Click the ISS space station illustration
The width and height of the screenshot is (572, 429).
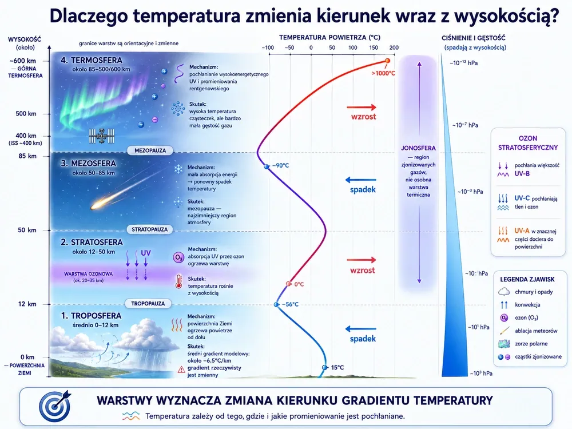(102, 136)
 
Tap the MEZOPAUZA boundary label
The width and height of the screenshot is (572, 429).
(150, 150)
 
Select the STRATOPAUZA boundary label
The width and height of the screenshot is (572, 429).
(149, 229)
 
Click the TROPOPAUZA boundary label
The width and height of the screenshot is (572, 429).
(148, 304)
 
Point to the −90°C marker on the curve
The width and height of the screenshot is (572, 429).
(267, 166)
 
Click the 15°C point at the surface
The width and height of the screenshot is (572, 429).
(325, 367)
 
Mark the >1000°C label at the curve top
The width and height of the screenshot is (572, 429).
(383, 73)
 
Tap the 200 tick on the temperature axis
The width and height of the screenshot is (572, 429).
(394, 47)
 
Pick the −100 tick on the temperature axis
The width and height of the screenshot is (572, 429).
(268, 47)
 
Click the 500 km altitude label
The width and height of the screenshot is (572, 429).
(26, 114)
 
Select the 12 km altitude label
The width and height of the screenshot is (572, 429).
(27, 304)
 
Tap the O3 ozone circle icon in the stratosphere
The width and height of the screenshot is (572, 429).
(178, 257)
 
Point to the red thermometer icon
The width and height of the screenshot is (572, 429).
(178, 281)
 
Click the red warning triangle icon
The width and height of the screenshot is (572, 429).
(181, 370)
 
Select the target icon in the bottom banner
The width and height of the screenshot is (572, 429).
(55, 406)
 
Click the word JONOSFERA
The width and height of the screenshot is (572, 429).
(418, 148)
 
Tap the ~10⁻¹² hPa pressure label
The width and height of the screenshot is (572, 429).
(464, 63)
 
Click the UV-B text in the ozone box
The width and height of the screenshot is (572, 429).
(522, 174)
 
